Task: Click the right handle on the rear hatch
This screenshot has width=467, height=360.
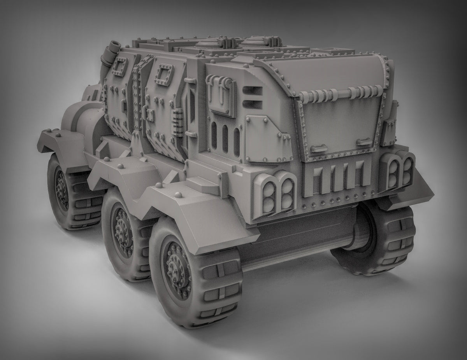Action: pos(364,141)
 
